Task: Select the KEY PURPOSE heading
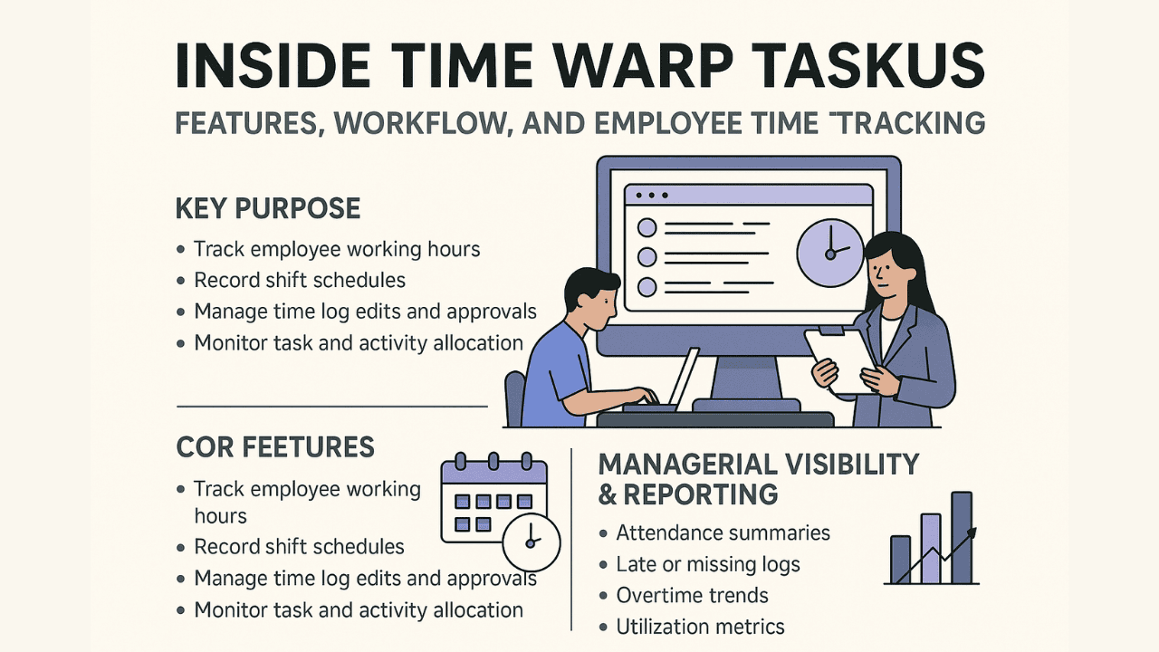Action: pyautogui.click(x=268, y=208)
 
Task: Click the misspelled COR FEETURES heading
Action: pyautogui.click(x=274, y=447)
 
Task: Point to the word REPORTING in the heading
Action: pyautogui.click(x=701, y=494)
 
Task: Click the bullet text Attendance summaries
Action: pyautogui.click(x=723, y=532)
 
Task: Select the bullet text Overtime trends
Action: pyautogui.click(x=692, y=596)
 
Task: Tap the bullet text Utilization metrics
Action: pyautogui.click(x=700, y=628)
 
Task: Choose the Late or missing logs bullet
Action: pyautogui.click(x=708, y=564)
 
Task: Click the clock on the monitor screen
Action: pyautogui.click(x=830, y=253)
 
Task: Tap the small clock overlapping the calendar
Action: pyautogui.click(x=532, y=542)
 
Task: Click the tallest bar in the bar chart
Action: pyautogui.click(x=962, y=538)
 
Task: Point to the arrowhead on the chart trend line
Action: pyautogui.click(x=972, y=532)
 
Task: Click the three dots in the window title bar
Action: pyautogui.click(x=651, y=196)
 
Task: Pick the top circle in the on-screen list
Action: pyautogui.click(x=647, y=227)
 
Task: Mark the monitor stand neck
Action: pyautogui.click(x=746, y=378)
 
